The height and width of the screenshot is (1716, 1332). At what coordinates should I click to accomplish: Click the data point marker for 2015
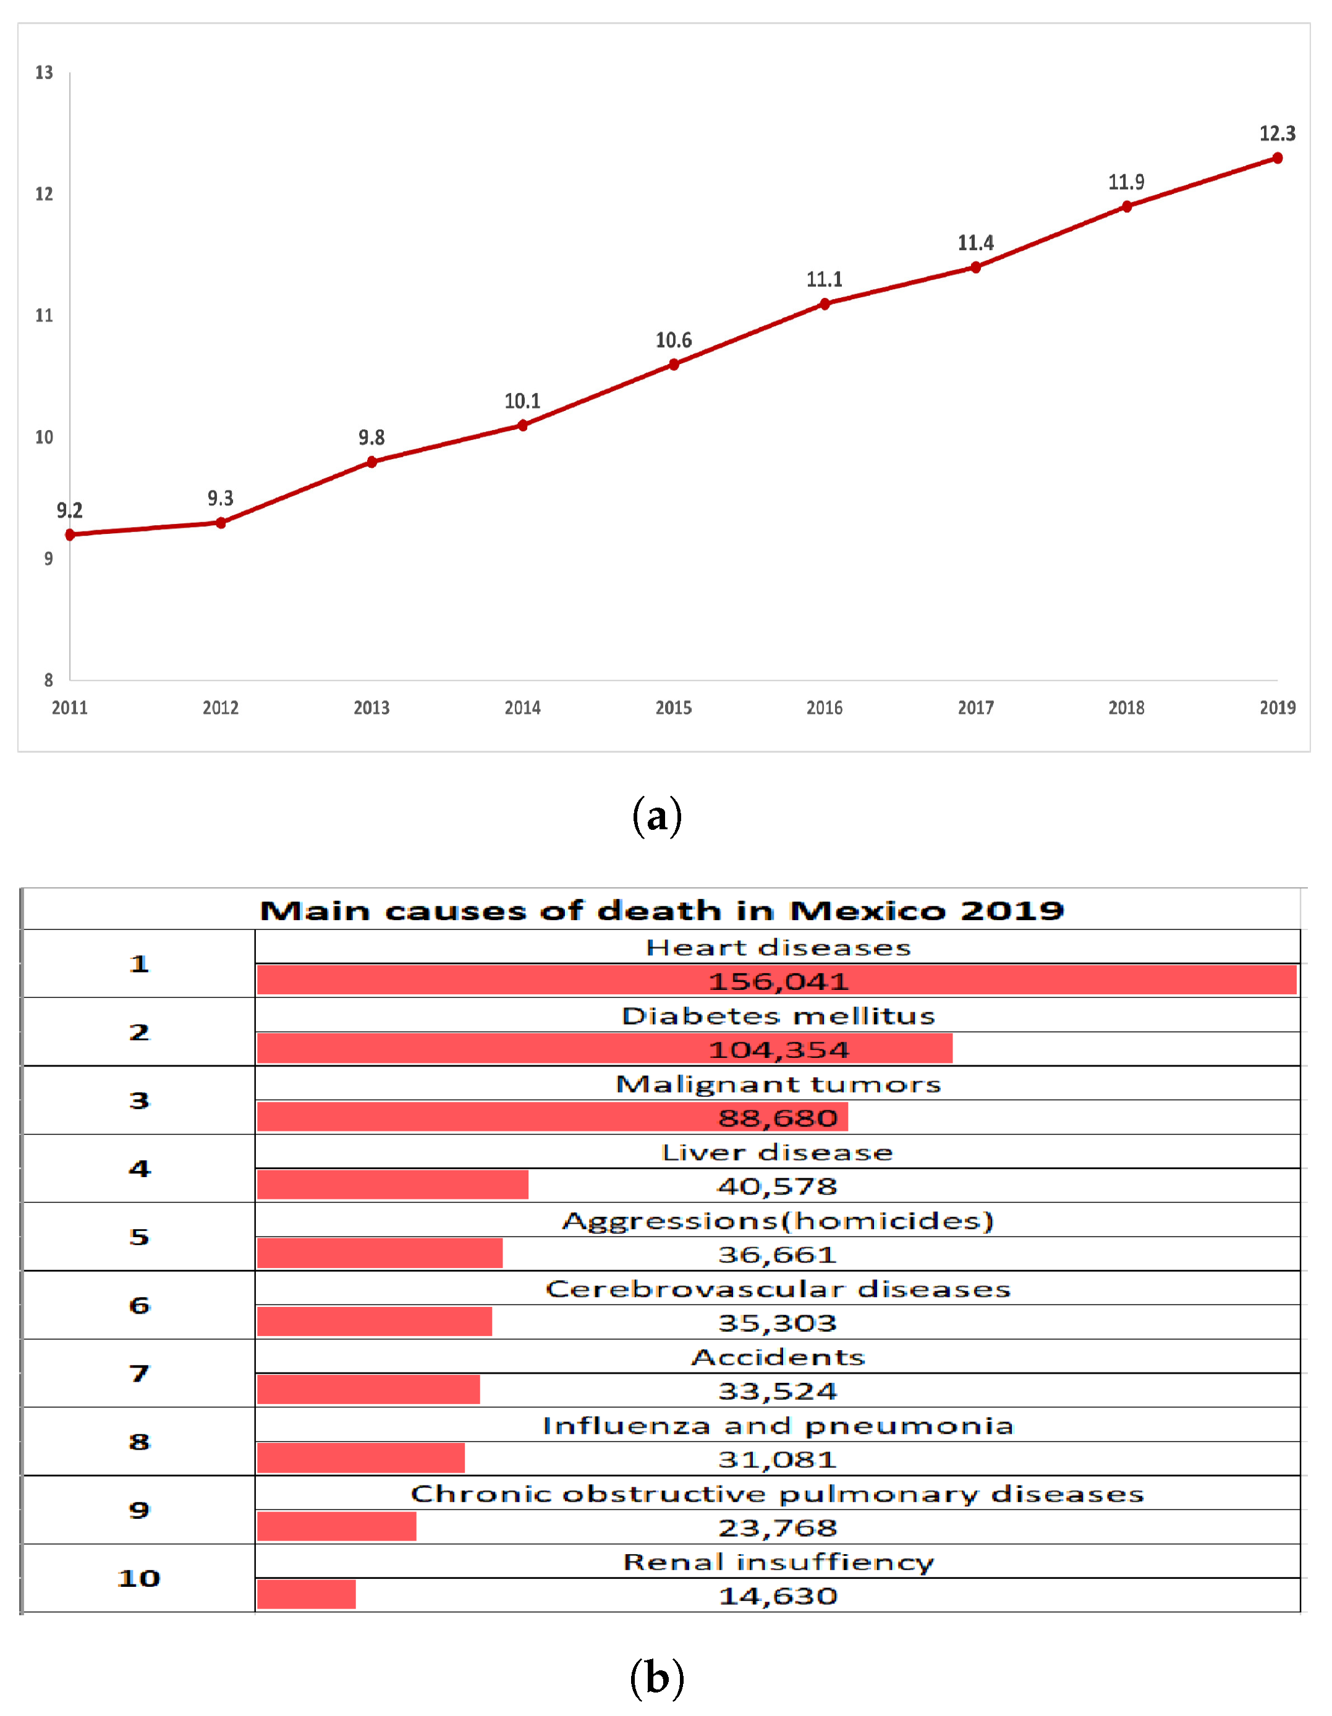click(x=674, y=365)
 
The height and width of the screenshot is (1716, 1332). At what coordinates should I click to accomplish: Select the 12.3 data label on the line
click(x=1277, y=133)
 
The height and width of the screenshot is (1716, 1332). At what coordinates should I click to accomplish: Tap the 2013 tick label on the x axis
click(x=371, y=708)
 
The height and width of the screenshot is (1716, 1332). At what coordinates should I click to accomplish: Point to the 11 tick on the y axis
click(x=44, y=316)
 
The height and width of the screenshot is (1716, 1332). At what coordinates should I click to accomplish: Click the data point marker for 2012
click(x=221, y=523)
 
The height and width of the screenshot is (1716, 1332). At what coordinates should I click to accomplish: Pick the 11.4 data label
click(x=975, y=243)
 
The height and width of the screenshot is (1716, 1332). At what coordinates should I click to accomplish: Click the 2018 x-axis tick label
click(x=1126, y=708)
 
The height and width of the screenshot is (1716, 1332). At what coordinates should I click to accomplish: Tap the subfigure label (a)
click(x=656, y=816)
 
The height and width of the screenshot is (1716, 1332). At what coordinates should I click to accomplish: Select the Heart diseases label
click(x=778, y=947)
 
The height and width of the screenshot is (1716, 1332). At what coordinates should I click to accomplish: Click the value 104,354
click(x=778, y=1050)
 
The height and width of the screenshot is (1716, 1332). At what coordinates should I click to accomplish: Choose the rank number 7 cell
click(x=139, y=1374)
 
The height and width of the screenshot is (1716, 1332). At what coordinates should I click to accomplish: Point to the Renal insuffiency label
click(x=778, y=1562)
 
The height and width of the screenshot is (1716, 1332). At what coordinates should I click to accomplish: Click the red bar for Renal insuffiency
click(x=306, y=1595)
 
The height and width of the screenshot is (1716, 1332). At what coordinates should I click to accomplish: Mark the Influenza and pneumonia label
click(x=778, y=1426)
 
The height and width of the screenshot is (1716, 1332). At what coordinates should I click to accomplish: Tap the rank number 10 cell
click(x=139, y=1578)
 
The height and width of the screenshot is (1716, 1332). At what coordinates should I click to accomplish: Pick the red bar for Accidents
click(x=368, y=1390)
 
